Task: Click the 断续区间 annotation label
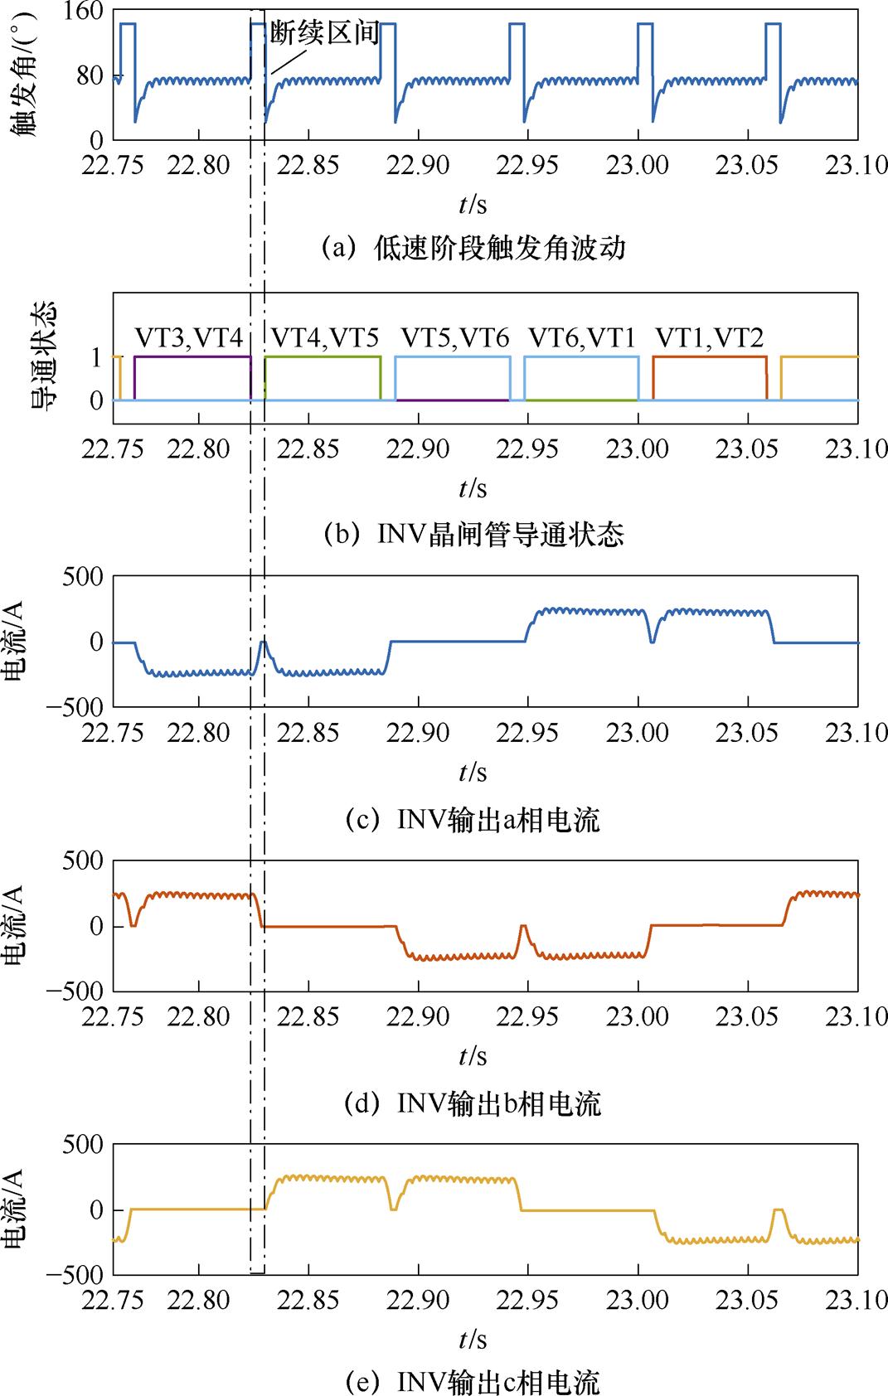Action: (x=325, y=33)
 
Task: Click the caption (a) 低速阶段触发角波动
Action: (x=473, y=248)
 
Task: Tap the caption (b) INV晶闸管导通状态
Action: (x=473, y=534)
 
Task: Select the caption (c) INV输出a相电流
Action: (x=473, y=820)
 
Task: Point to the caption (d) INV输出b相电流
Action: (x=473, y=1103)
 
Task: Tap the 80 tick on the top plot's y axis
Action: (x=90, y=76)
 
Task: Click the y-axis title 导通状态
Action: (x=42, y=357)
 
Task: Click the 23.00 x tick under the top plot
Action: (x=638, y=165)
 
